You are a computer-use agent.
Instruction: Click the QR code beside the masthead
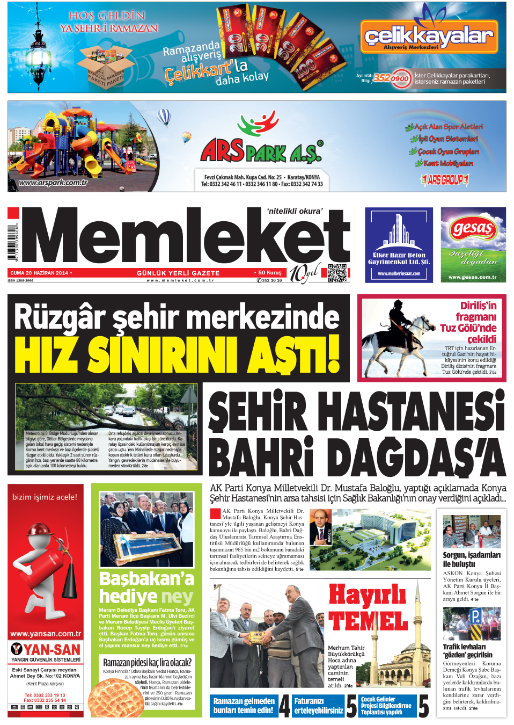point(337,273)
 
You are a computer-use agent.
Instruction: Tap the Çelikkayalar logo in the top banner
point(428,37)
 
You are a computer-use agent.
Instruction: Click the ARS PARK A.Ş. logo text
point(261,151)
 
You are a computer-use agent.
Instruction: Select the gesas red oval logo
point(473,229)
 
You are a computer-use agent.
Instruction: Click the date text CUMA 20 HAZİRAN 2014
point(40,273)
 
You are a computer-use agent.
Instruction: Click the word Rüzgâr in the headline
point(60,317)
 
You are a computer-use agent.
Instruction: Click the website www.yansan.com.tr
point(46,634)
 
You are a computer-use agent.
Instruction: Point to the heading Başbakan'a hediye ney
point(146,588)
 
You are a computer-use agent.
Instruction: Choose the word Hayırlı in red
point(367,595)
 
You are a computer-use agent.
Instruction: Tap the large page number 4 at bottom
point(284,706)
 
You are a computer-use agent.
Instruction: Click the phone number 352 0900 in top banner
point(392,78)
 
